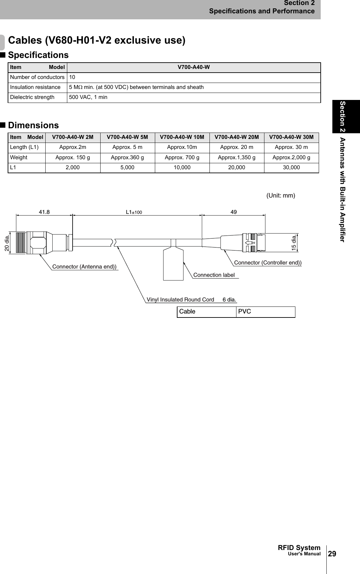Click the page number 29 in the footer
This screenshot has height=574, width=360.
pos(332,554)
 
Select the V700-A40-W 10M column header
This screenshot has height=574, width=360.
pos(182,137)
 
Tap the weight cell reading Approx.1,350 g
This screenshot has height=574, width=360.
pos(237,158)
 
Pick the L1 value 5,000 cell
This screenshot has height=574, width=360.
pos(127,168)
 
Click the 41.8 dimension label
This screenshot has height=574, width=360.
pos(44,212)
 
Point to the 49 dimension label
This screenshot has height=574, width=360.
pos(234,212)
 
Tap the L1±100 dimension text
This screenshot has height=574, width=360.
pos(134,212)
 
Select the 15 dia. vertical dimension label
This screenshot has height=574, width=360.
pos(293,243)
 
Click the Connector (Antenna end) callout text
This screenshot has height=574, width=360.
pos(85,267)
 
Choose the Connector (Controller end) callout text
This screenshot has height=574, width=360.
pos(268,263)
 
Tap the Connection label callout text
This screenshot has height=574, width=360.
pos(214,275)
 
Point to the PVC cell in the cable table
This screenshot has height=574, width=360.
pos(245,312)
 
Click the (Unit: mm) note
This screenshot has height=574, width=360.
pos(281,196)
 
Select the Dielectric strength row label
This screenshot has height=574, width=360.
pos(32,97)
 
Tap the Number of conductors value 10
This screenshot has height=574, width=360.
pos(72,77)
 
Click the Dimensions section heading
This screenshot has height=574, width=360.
pos(33,125)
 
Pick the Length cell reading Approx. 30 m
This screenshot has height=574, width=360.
pos(291,147)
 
